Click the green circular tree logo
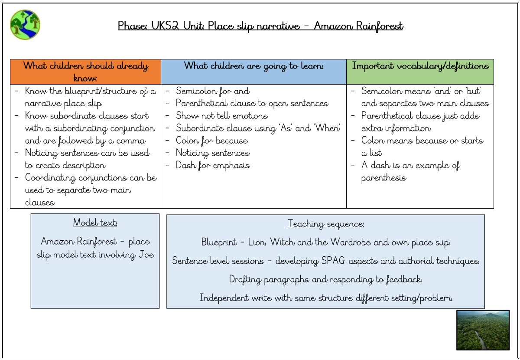[25, 25]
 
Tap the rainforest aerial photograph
[483, 330]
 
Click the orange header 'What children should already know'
[85, 72]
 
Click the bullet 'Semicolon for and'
[213, 91]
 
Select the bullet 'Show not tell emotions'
[222, 115]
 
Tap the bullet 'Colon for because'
[212, 141]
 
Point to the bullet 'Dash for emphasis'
[213, 165]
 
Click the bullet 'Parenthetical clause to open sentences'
[252, 103]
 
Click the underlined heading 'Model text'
[95, 223]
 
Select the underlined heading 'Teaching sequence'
[325, 223]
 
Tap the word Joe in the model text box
[146, 255]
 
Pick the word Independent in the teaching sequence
[224, 298]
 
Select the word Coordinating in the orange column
[50, 178]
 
